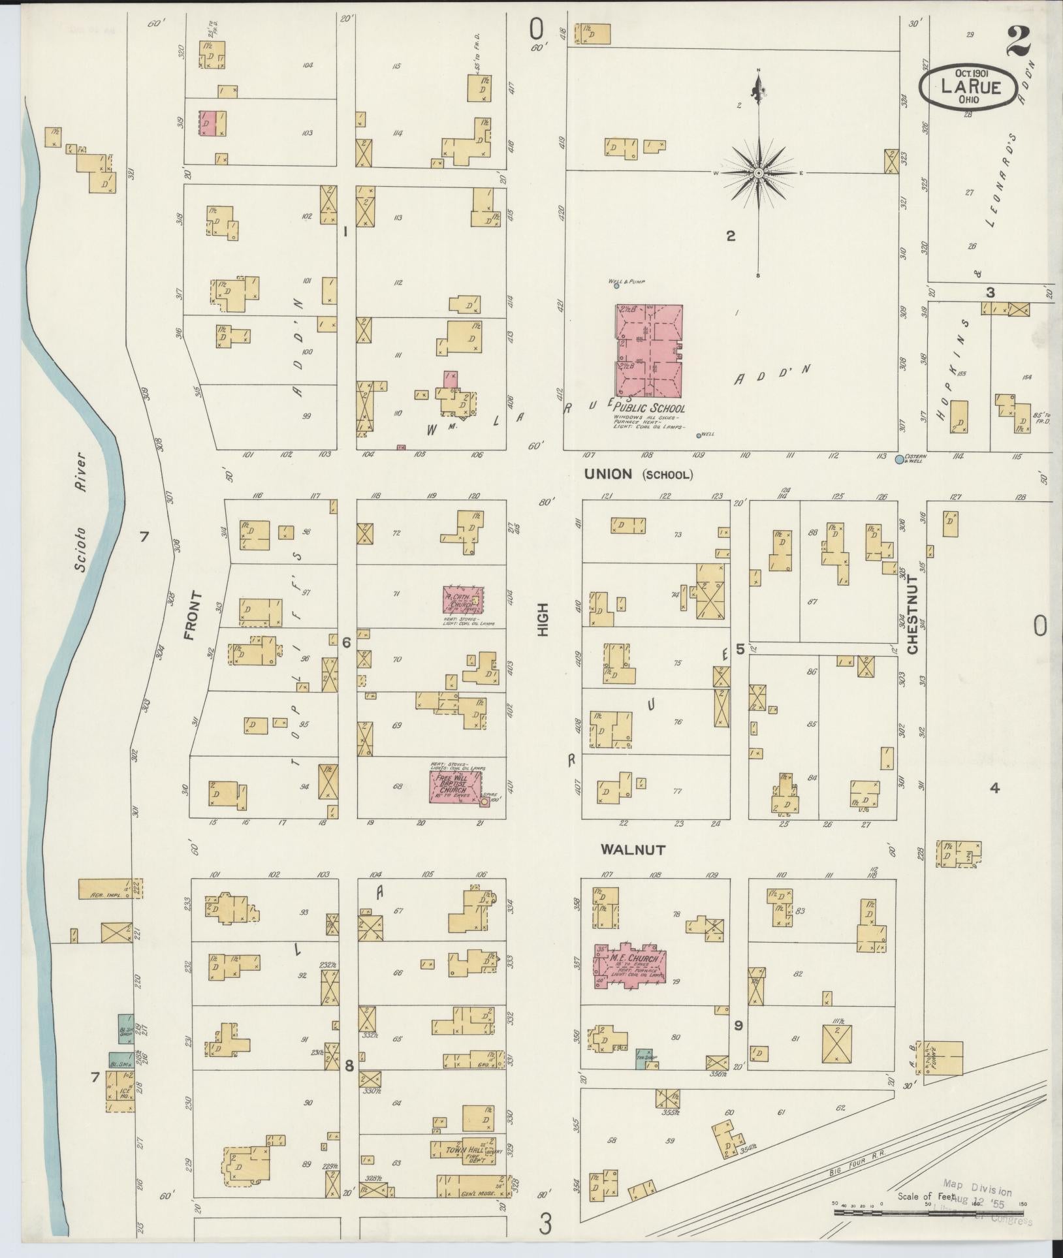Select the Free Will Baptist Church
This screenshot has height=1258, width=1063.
pos(456,787)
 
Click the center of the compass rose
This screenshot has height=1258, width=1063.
pos(759,173)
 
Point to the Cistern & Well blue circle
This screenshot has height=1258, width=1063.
pos(899,460)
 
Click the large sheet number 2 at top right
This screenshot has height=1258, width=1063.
pos(1019,42)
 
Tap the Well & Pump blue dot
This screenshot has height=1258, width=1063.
pos(616,286)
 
